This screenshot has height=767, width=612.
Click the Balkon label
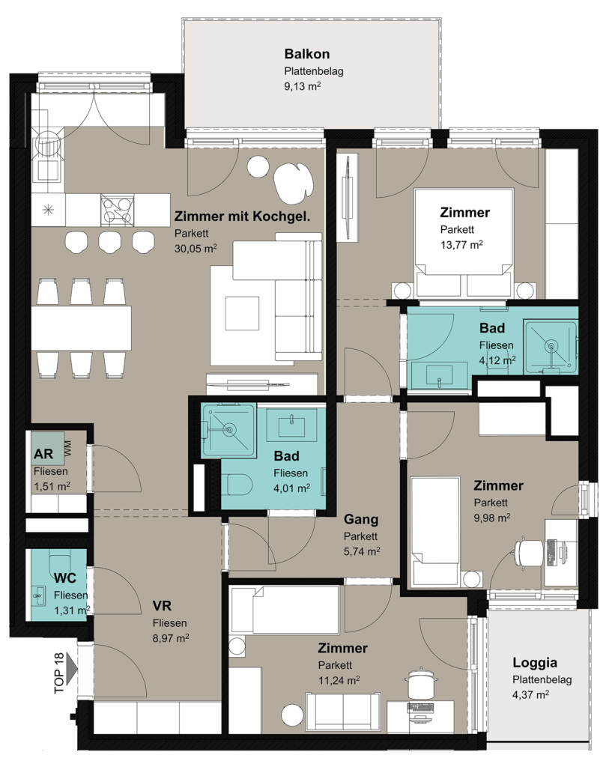[306, 54]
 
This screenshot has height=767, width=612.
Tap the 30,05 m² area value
[196, 249]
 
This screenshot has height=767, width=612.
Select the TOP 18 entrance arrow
[70, 666]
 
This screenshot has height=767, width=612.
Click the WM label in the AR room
[67, 449]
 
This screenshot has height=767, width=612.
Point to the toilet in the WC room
[61, 562]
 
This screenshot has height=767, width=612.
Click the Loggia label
[535, 663]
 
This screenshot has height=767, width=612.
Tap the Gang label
[361, 520]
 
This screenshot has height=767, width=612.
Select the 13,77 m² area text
[461, 245]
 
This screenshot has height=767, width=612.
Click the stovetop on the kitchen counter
[118, 210]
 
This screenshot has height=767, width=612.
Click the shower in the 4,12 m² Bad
[551, 347]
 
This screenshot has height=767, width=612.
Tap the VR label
[162, 606]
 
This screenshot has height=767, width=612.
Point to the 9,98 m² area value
[492, 518]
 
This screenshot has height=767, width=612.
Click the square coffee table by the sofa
[242, 313]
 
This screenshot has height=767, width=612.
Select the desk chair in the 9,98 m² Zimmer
[528, 552]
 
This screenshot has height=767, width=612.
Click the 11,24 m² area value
[339, 680]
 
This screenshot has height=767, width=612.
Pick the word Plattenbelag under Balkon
[314, 71]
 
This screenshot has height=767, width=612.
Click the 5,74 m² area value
[362, 551]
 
